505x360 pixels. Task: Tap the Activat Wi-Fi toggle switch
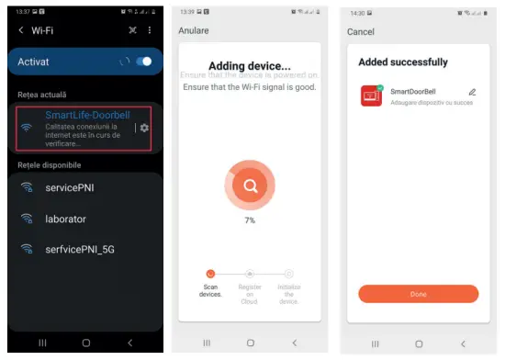[x=143, y=62]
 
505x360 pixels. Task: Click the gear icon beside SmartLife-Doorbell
[x=144, y=128]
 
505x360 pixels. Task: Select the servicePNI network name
[x=72, y=187]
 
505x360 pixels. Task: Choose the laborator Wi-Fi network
[x=65, y=219]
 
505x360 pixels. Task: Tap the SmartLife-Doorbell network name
[x=87, y=115]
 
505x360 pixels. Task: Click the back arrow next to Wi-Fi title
[x=20, y=30]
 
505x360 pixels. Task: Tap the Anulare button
[x=194, y=30]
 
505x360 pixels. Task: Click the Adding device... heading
[x=250, y=66]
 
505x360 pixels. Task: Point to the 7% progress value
[x=249, y=220]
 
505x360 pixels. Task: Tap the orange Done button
[x=418, y=294]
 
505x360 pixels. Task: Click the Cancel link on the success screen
[x=361, y=31]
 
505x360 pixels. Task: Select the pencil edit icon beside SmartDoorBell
[x=472, y=92]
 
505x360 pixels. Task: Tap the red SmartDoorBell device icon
[x=371, y=96]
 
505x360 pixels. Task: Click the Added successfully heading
[x=403, y=62]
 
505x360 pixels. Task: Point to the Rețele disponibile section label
[x=50, y=164]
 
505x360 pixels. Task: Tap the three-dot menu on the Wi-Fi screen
[x=150, y=30]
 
